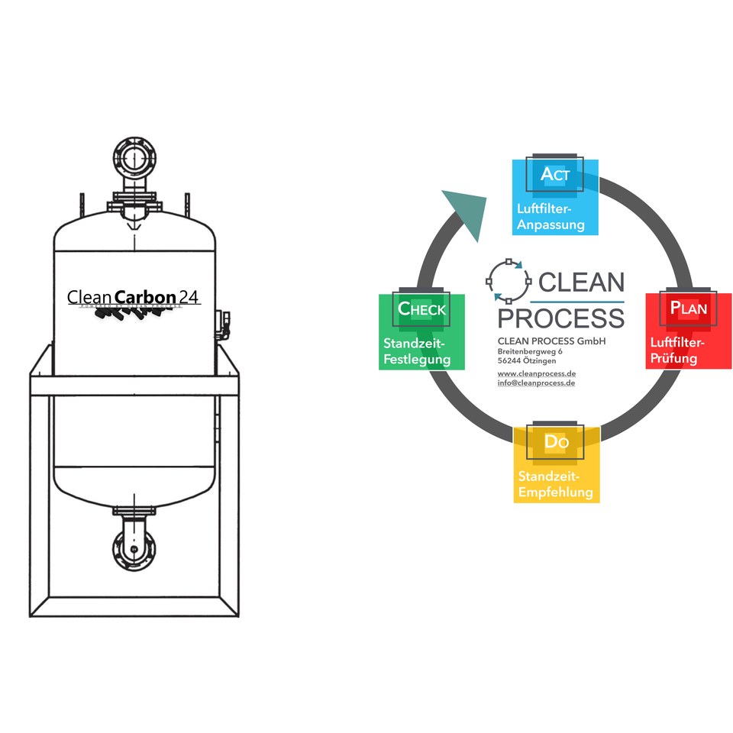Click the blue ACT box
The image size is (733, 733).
554,197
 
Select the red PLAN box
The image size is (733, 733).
689,330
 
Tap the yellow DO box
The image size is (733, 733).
556,463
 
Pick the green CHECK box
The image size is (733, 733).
421,331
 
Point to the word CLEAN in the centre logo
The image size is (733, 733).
581,283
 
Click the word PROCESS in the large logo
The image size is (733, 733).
560,318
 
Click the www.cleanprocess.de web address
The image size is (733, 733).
536,373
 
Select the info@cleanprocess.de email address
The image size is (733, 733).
536,383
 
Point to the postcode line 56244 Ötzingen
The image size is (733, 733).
527,360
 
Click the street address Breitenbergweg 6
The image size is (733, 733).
530,351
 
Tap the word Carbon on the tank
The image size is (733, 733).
145,296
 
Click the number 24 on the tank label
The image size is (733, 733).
189,296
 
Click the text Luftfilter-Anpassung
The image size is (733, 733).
551,217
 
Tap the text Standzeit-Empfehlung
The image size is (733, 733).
555,484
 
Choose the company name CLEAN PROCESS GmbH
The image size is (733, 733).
551,341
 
